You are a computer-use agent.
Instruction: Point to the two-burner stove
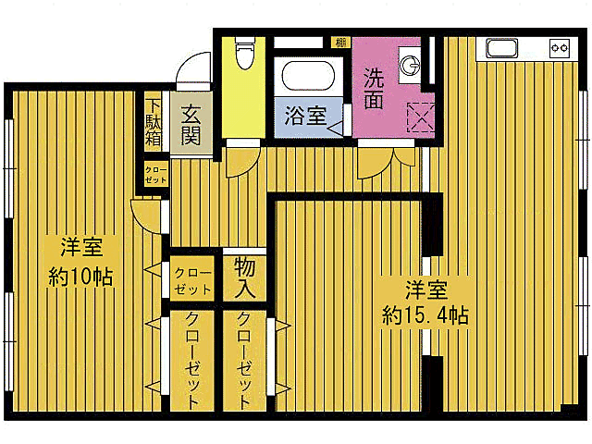coord(560,46)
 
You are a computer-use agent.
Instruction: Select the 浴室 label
coord(304,116)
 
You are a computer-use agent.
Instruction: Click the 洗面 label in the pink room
coord(374,89)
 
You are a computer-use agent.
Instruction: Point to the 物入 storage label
coord(244,277)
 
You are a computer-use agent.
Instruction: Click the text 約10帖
coord(81,276)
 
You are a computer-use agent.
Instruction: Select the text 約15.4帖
coord(425,315)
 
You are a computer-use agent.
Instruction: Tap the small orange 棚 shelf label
coord(341,43)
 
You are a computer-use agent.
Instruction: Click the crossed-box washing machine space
coord(421,119)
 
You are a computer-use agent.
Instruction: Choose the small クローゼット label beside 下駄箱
coord(154,174)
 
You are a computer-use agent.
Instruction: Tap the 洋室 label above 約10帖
coord(81,247)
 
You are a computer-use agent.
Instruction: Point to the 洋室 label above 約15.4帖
coord(426,288)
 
